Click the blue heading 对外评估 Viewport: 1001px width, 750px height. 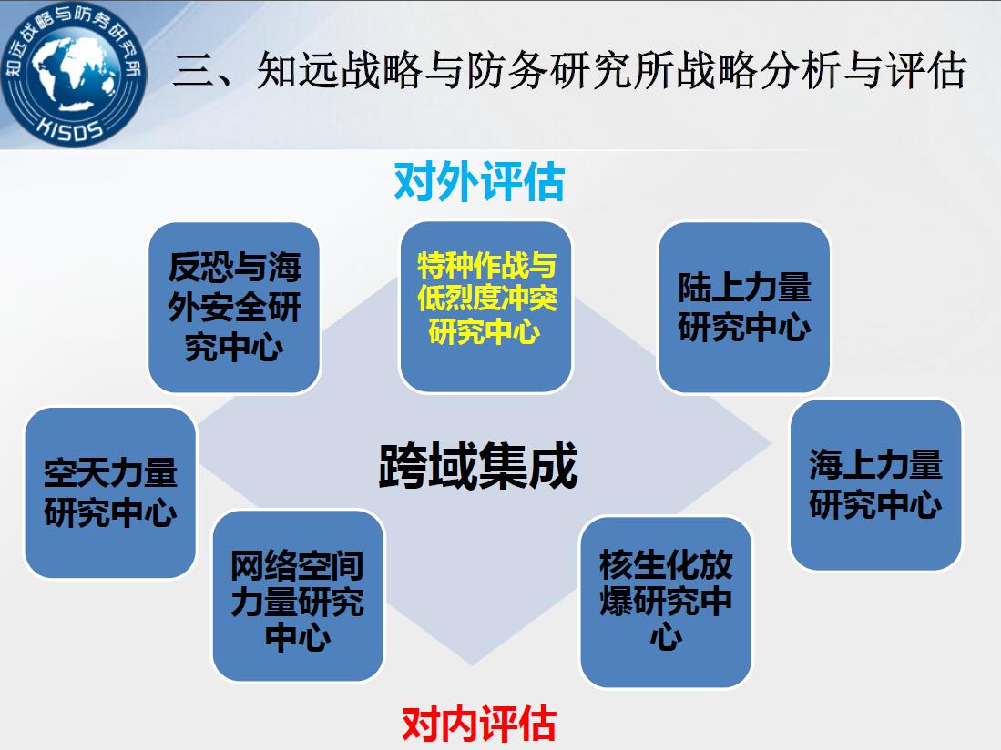pos(479,182)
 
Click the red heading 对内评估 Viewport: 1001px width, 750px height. pos(479,724)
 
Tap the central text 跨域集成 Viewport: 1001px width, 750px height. pos(478,465)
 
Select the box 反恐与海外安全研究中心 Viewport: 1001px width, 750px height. pos(234,308)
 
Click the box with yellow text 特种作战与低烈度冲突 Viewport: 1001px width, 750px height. pos(485,307)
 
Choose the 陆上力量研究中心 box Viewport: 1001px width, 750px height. pos(744,307)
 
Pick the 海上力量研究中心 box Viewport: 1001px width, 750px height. pos(876,485)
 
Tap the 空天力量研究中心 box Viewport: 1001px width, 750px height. pos(110,493)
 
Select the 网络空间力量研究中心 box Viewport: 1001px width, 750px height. pos(298,595)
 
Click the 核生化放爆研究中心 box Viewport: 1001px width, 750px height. pos(666,602)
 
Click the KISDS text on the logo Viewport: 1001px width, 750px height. pos(70,128)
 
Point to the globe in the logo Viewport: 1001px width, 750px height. pos(76,76)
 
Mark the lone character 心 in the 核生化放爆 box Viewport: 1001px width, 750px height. pos(666,636)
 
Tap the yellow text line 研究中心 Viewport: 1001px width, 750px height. pos(485,331)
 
